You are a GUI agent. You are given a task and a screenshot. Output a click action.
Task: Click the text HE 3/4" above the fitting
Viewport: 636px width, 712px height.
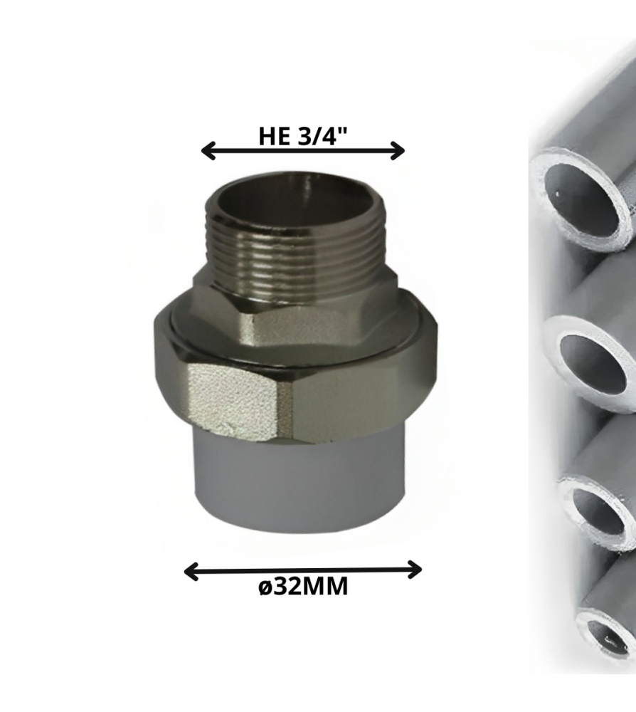pyautogui.click(x=303, y=136)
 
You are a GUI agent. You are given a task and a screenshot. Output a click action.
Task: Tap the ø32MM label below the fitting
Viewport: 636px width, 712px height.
pyautogui.click(x=303, y=586)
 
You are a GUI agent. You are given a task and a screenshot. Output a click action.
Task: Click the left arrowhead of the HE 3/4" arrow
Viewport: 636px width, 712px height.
pyautogui.click(x=208, y=150)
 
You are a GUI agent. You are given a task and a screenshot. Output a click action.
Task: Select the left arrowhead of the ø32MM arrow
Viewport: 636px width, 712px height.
pyautogui.click(x=191, y=571)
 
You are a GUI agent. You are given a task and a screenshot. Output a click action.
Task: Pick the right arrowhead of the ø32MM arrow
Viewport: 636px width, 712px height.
pyautogui.click(x=415, y=570)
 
